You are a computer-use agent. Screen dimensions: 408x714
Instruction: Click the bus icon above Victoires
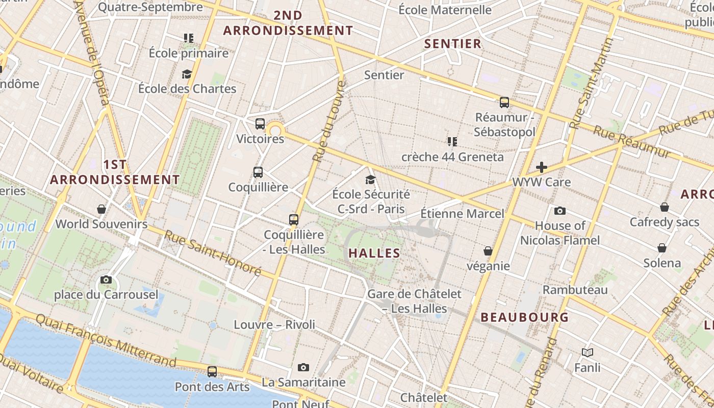coord(260,123)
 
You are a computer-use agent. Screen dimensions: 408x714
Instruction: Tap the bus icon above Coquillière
coord(258,172)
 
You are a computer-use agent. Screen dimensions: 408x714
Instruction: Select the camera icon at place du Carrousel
coord(106,279)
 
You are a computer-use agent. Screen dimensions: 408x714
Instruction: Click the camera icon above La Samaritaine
coord(303,367)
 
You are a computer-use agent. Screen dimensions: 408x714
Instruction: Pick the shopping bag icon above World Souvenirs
coord(101,209)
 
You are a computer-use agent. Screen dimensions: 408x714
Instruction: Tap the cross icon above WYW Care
coord(541,167)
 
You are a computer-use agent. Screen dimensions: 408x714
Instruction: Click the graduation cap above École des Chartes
coord(187,74)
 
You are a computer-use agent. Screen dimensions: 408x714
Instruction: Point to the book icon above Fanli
coord(588,352)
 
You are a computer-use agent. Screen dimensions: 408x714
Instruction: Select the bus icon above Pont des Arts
coord(212,372)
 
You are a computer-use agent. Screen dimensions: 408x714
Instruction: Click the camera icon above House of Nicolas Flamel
coord(560,211)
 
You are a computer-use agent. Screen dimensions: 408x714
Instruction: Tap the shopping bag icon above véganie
coord(488,251)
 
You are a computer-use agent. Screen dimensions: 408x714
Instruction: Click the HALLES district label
coord(374,253)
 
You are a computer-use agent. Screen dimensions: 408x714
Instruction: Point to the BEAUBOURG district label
coord(524,317)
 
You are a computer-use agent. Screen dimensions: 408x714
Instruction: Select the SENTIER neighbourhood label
coord(453,44)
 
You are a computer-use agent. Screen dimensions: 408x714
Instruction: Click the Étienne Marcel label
coord(462,214)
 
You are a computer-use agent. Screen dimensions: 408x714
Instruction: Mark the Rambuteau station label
coord(575,290)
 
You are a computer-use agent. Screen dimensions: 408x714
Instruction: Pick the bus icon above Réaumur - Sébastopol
coord(504,103)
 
